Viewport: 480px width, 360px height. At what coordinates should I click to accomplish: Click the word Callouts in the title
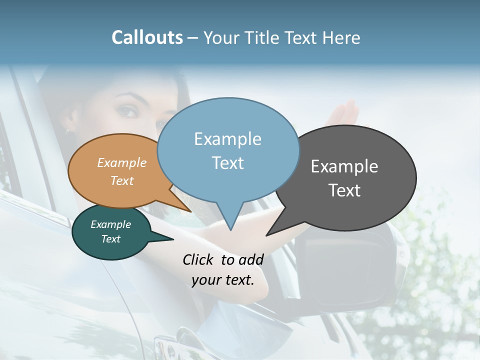pyautogui.click(x=147, y=38)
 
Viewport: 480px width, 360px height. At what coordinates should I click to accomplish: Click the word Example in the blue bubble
pyautogui.click(x=227, y=139)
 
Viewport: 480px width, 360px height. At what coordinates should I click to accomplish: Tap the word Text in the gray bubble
pyautogui.click(x=344, y=190)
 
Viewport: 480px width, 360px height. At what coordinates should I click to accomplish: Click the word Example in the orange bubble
pyautogui.click(x=121, y=163)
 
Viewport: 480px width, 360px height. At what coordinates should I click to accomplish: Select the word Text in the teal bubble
pyautogui.click(x=110, y=239)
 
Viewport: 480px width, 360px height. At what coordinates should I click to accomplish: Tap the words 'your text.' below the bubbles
pyautogui.click(x=223, y=280)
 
